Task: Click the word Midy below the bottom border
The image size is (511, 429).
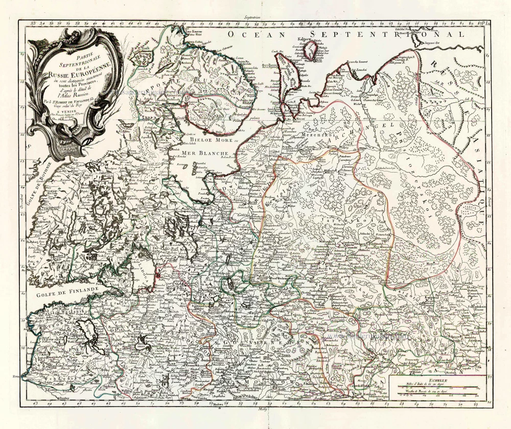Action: (x=256, y=410)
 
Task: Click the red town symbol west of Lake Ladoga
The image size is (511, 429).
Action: (x=157, y=276)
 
